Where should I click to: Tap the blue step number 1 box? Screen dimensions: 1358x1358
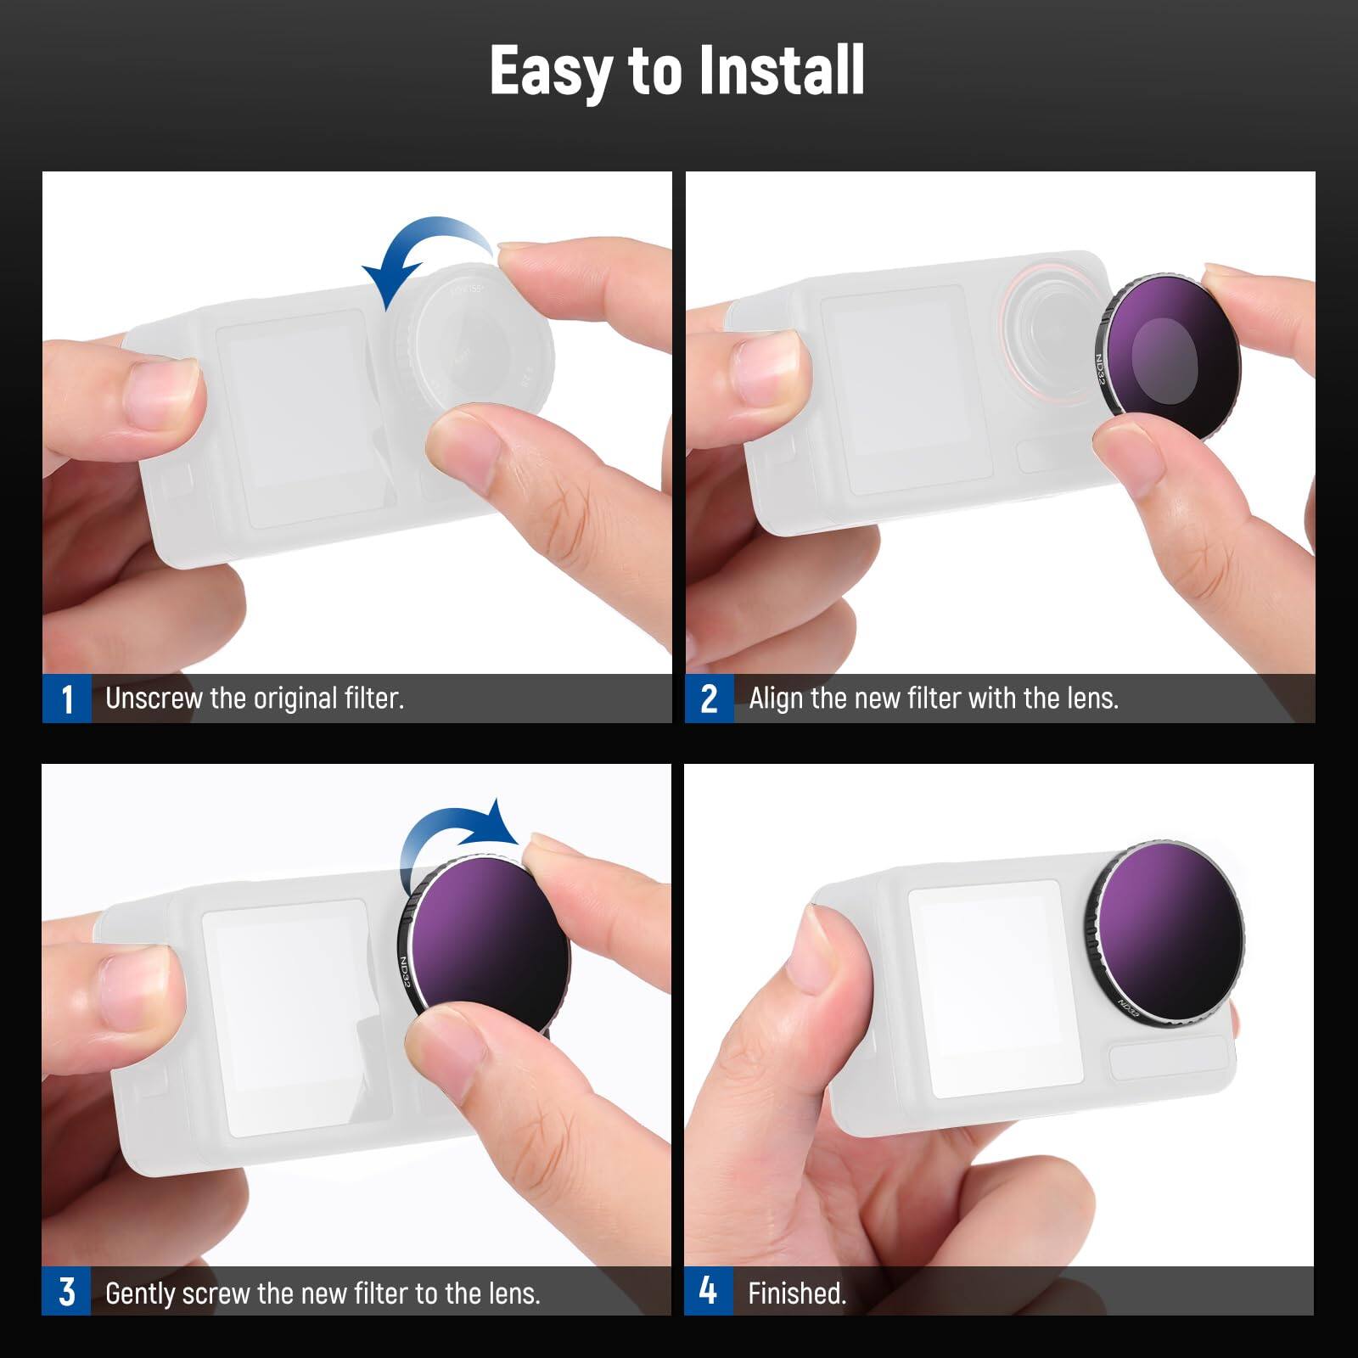[x=66, y=699]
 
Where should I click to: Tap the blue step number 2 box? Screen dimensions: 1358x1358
[x=709, y=699]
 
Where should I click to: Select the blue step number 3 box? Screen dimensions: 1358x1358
[x=66, y=1292]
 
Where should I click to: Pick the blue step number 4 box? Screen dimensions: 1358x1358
[x=708, y=1292]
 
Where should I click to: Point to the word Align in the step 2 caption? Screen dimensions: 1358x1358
[x=775, y=699]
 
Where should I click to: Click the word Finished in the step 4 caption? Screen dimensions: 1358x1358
[x=796, y=1293]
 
